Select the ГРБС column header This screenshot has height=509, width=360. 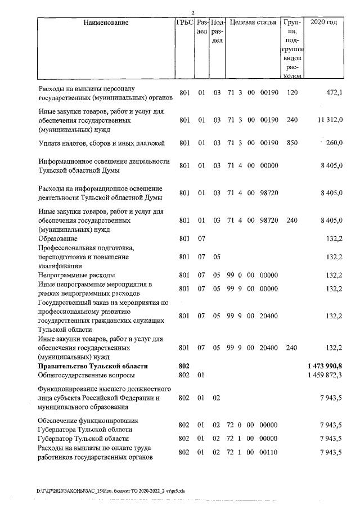(x=185, y=23)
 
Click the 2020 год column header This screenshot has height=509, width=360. (x=327, y=23)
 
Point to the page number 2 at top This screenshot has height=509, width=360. (x=192, y=13)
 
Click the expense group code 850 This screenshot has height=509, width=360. (x=291, y=143)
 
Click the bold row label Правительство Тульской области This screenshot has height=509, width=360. (x=89, y=366)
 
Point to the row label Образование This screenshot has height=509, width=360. (x=58, y=238)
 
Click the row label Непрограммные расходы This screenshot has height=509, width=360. (x=76, y=275)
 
